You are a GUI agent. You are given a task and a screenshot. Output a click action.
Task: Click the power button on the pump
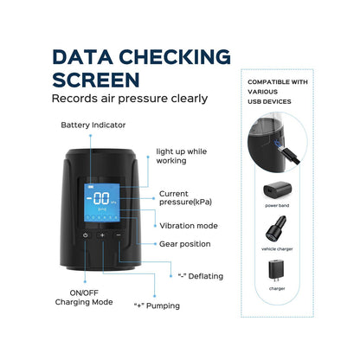click(x=86, y=235)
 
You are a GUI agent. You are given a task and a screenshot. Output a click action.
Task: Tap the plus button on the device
click(x=102, y=235)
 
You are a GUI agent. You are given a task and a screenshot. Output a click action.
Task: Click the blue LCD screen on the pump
click(x=102, y=202)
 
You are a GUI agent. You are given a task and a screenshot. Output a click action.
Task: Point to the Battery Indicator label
click(x=93, y=125)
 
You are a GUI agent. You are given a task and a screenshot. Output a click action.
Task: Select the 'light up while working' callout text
click(x=182, y=156)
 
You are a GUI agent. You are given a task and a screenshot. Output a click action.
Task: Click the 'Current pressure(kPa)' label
click(x=185, y=198)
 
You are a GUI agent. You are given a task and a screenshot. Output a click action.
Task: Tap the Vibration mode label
click(x=189, y=226)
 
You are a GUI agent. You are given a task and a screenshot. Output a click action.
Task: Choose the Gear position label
click(x=185, y=244)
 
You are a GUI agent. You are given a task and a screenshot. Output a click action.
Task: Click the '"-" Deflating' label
click(x=201, y=276)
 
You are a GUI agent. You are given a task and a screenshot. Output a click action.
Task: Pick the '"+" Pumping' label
click(x=157, y=305)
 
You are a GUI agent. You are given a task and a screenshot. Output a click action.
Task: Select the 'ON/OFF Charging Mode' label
click(x=84, y=298)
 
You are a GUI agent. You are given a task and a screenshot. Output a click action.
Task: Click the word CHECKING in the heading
click(x=175, y=57)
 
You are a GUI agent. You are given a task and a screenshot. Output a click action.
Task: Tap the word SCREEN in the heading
click(x=96, y=80)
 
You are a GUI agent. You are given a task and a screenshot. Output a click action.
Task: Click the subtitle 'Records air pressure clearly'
click(x=130, y=99)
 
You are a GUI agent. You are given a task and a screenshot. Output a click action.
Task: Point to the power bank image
click(x=277, y=190)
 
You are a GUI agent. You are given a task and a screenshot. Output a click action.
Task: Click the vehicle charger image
click(x=276, y=228)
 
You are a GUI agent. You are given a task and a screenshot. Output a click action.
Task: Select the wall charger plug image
click(x=277, y=271)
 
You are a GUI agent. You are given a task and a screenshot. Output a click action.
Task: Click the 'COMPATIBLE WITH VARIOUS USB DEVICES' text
click(x=278, y=92)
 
